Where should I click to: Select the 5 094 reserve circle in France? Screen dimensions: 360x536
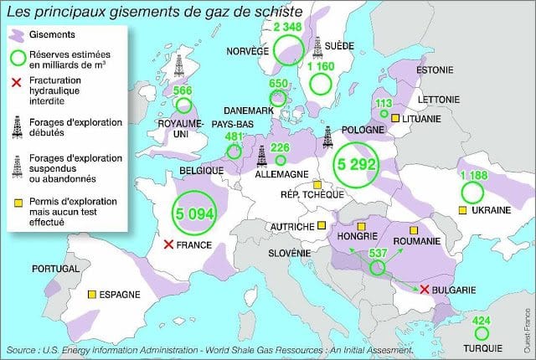click(x=194, y=213)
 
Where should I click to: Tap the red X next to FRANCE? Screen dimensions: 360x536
click(x=168, y=244)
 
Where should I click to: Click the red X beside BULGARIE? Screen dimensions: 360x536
click(x=425, y=289)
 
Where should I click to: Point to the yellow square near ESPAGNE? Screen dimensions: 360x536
click(x=90, y=295)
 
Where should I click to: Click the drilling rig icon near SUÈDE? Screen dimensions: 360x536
click(x=317, y=47)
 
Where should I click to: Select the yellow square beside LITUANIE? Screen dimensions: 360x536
click(x=394, y=119)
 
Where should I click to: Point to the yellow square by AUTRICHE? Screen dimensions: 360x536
click(x=322, y=225)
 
